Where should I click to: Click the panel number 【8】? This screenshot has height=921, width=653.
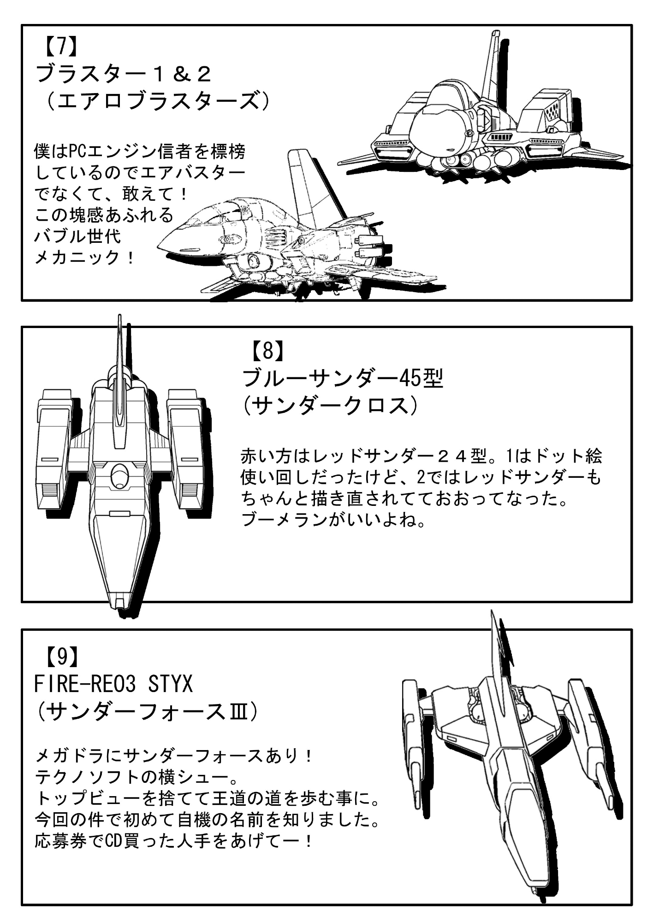coord(267,352)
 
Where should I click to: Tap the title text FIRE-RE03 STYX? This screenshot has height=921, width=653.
coord(113,684)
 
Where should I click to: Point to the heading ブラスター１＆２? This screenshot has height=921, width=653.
coord(123,74)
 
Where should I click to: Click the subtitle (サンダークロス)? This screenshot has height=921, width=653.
coord(330,405)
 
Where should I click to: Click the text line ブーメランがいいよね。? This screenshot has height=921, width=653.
coord(333,520)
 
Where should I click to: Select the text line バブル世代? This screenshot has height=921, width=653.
coord(77,236)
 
